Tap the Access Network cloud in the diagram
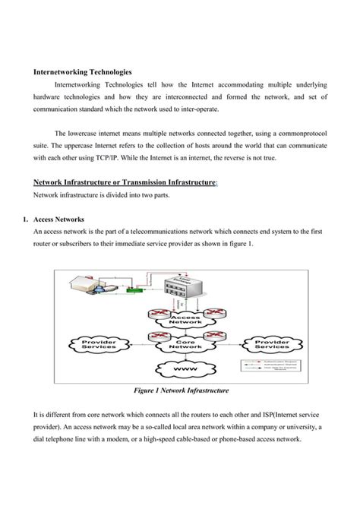(x=186, y=321)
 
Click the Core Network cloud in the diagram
(x=185, y=345)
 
